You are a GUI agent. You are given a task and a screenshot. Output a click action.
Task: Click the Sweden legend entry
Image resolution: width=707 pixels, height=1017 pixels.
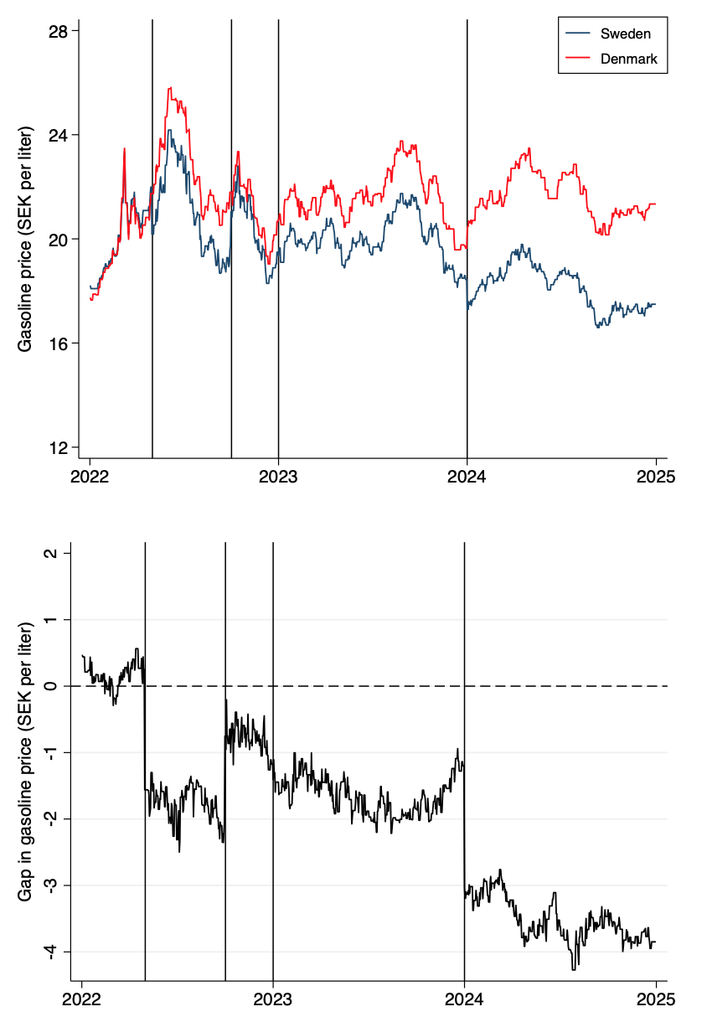point(625,34)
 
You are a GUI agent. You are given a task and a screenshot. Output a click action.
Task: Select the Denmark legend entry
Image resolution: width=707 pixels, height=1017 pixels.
point(628,59)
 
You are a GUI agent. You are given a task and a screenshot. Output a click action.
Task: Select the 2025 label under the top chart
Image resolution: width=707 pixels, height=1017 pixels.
point(655,477)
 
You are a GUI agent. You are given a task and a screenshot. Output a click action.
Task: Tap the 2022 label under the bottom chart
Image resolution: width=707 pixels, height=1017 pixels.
point(82,999)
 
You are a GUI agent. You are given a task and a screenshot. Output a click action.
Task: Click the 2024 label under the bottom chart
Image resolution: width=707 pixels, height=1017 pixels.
point(464,999)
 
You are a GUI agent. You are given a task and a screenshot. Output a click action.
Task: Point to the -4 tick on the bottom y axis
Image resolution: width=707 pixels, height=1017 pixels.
point(53,951)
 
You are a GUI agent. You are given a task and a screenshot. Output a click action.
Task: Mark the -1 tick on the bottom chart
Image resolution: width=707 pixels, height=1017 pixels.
point(53,752)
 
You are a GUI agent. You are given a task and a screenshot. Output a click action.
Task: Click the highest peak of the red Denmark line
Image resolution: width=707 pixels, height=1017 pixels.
point(170,88)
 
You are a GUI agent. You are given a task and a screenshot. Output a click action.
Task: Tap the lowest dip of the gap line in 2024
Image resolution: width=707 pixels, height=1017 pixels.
point(574,969)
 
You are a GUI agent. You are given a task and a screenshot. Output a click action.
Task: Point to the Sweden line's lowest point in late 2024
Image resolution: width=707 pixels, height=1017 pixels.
point(598,327)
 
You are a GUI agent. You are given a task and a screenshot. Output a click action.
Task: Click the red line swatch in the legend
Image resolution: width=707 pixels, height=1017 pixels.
point(580,59)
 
